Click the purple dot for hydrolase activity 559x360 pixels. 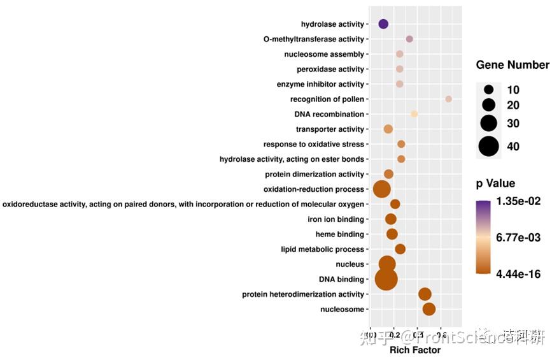[383, 24]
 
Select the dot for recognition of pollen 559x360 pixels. [448, 99]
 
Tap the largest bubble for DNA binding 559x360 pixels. [386, 279]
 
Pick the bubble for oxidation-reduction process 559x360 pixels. [381, 189]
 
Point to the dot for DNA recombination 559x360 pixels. [414, 114]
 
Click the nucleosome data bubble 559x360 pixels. [428, 309]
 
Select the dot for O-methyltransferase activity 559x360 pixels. [409, 40]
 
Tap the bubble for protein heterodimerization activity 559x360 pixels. [425, 294]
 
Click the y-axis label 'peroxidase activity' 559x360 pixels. [330, 69]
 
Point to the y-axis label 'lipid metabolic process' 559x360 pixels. [322, 249]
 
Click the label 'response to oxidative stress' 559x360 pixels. [314, 145]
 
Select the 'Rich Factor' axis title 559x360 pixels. [414, 350]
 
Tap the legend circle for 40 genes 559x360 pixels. [489, 147]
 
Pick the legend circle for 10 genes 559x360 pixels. [489, 90]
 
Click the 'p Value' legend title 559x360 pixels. [495, 184]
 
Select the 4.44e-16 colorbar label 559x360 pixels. [519, 274]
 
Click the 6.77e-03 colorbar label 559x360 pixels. [519, 238]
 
